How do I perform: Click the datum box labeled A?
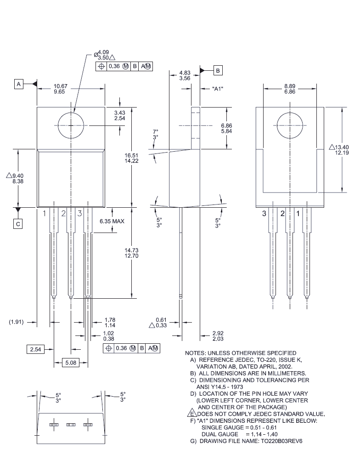click(x=19, y=85)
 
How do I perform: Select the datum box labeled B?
click(x=218, y=70)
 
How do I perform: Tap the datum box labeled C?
click(x=18, y=224)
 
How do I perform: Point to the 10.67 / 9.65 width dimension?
click(x=60, y=89)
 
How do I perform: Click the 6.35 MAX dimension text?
click(x=112, y=221)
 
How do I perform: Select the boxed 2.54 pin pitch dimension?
click(x=35, y=349)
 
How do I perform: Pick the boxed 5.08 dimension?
click(x=70, y=363)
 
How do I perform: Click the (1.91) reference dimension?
click(x=17, y=322)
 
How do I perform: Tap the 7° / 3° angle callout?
click(x=155, y=134)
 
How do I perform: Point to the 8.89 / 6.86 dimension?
click(x=290, y=89)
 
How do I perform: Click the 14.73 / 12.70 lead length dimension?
click(x=131, y=253)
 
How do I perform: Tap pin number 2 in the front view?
click(x=63, y=213)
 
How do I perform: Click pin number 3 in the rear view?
click(x=264, y=213)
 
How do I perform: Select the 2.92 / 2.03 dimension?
click(x=218, y=335)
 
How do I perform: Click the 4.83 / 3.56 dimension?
click(x=185, y=75)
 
